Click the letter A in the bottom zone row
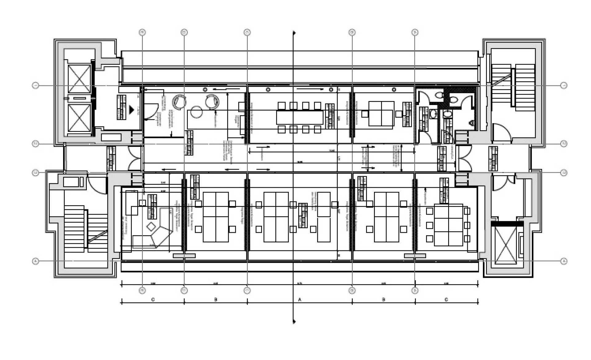pos(300,300)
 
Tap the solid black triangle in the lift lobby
pos(132,108)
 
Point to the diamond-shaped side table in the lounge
pos(151,227)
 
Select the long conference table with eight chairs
pos(300,117)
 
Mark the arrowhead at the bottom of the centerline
pos(294,322)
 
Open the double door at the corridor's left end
pos(135,158)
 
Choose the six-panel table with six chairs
pos(448,225)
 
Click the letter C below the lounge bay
pos(153,300)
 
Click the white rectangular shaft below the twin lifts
pos(111,137)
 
